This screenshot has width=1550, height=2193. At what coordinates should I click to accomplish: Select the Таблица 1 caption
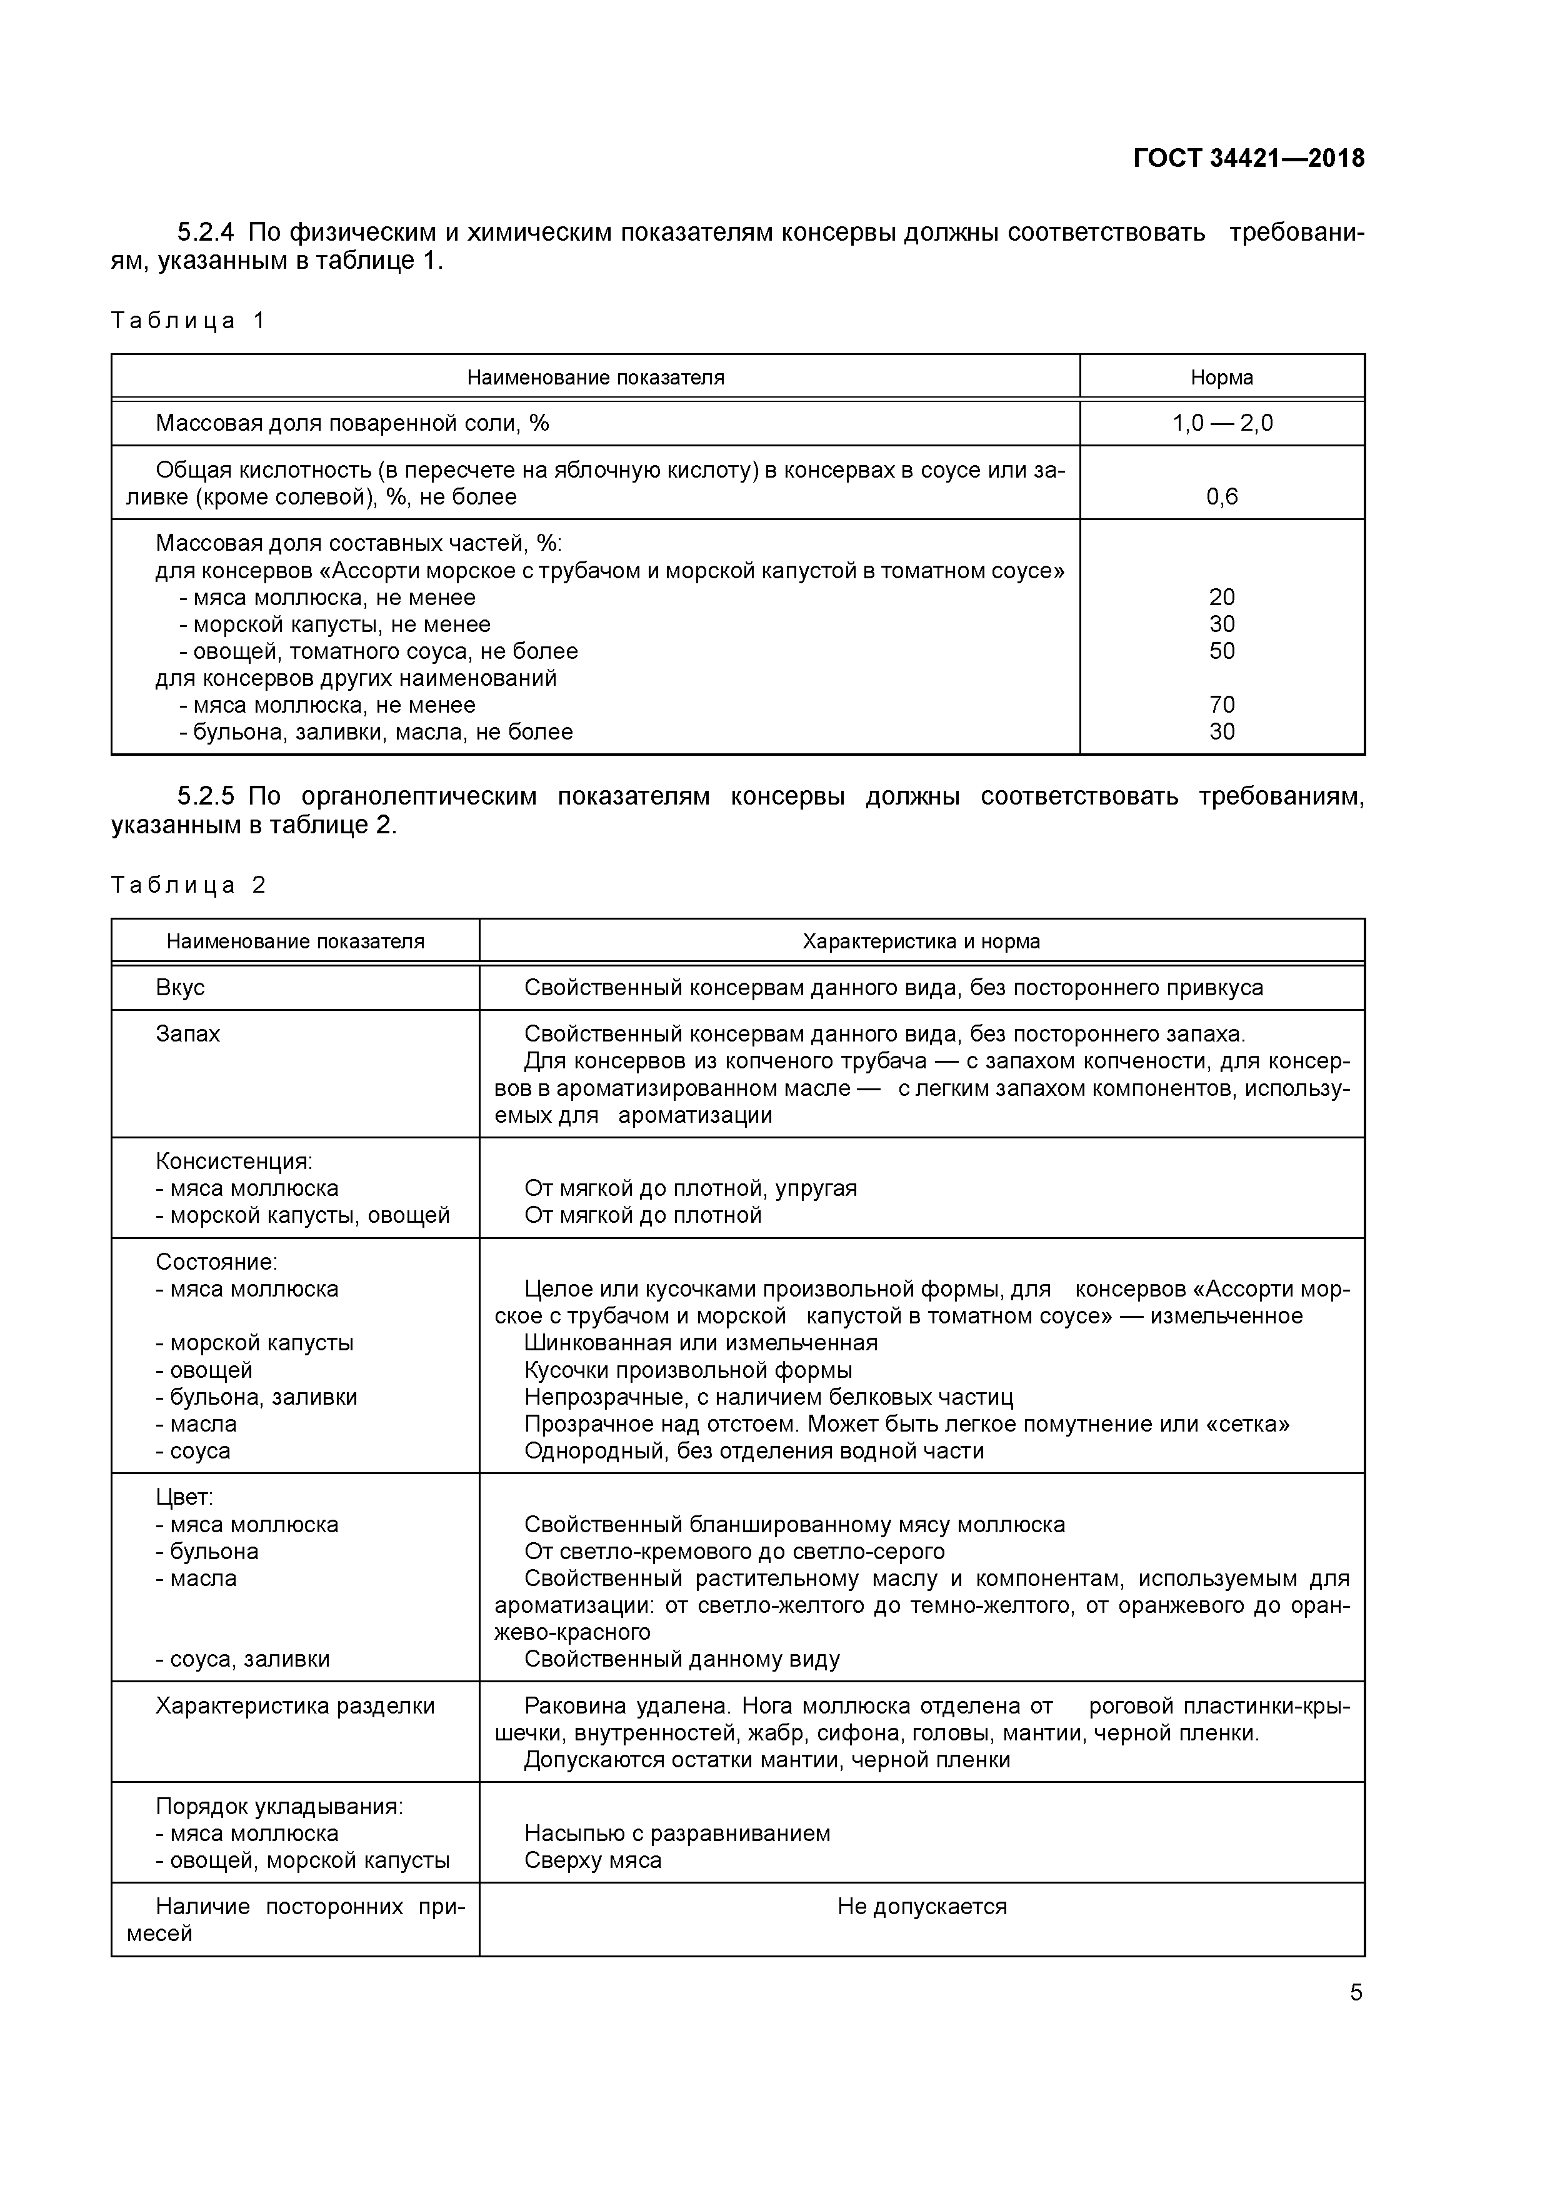click(x=187, y=321)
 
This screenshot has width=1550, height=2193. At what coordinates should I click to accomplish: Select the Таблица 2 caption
click(x=187, y=885)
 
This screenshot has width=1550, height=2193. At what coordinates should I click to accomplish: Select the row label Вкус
click(x=181, y=988)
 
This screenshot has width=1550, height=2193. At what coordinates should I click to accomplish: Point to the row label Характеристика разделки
click(x=294, y=1706)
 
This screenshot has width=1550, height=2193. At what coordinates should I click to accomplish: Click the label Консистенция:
click(x=234, y=1162)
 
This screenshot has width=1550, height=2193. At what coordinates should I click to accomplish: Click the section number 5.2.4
click(x=206, y=232)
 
